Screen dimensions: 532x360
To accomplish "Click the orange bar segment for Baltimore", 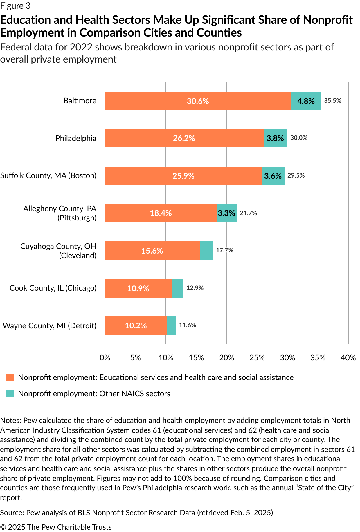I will tap(197, 101).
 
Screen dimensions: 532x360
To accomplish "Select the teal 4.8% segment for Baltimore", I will tap(306, 101).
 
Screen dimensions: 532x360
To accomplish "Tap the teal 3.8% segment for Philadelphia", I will tap(275, 138).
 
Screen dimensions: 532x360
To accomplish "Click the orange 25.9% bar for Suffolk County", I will tap(183, 176).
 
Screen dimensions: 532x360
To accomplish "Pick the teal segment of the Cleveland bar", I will tap(206, 251).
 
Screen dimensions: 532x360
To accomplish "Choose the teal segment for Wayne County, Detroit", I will tap(171, 325).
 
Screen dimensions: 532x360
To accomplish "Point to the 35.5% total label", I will tap(332, 101).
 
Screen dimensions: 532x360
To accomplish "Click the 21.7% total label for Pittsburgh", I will tap(248, 213).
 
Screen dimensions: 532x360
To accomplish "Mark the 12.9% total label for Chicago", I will tap(195, 288).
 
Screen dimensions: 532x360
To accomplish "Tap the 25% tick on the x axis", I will tap(257, 358).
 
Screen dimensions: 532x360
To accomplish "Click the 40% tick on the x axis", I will tap(348, 358).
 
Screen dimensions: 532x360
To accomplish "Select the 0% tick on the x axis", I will tap(105, 358).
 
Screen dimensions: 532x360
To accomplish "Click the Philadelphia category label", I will tap(76, 138).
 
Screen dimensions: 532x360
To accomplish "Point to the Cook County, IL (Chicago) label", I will tap(53, 288).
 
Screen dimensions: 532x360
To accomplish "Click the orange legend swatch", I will tap(10, 377).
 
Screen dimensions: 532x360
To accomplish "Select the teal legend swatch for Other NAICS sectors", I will tap(10, 394).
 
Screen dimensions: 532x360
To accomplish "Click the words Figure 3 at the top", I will tap(15, 6).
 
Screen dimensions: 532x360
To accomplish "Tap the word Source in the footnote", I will tap(12, 513).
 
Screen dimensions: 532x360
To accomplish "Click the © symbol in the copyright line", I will tap(3, 527).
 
